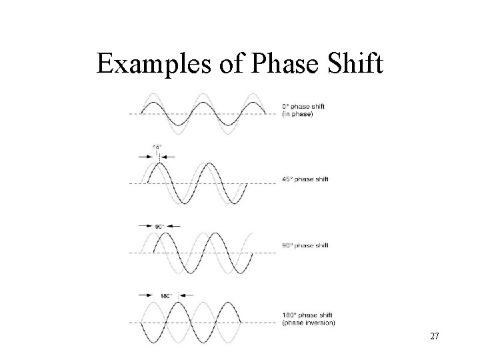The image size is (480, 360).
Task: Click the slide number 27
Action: tap(434, 337)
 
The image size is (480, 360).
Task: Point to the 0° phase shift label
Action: tap(304, 107)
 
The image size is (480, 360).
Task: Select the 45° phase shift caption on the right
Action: tap(306, 179)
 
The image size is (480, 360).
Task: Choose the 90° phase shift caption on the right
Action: tap(306, 246)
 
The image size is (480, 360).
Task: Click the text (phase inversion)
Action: tap(309, 323)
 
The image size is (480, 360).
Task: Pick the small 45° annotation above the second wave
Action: tap(157, 147)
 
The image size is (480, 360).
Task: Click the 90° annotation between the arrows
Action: tap(160, 227)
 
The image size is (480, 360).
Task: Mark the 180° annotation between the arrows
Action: tap(166, 295)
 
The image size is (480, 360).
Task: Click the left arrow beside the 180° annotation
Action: tap(145, 295)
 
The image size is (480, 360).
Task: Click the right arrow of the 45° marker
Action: tap(168, 156)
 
